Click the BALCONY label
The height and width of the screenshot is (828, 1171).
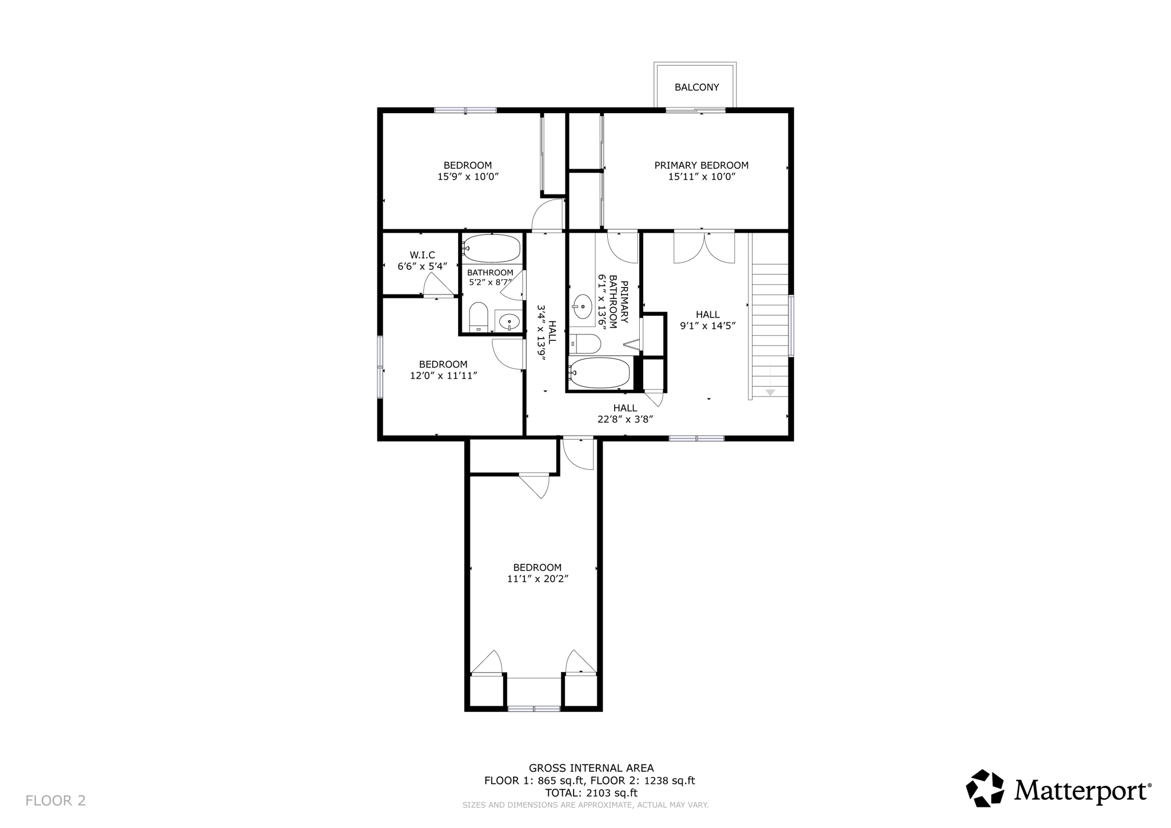(x=696, y=87)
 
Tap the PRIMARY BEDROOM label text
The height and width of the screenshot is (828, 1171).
(x=701, y=165)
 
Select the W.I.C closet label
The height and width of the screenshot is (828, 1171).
(x=422, y=255)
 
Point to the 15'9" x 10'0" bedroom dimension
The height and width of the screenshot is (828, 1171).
(x=468, y=177)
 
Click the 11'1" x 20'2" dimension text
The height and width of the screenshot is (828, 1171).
(x=537, y=579)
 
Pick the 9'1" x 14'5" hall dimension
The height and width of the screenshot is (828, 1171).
(x=707, y=326)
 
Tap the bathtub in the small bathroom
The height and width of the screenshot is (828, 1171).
(x=492, y=249)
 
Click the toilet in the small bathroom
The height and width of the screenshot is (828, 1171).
(x=478, y=317)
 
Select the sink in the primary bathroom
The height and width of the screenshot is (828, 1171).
(x=582, y=307)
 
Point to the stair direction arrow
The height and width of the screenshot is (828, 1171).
(x=770, y=391)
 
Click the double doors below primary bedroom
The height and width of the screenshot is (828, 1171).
(x=704, y=247)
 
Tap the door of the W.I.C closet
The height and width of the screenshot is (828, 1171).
(x=437, y=285)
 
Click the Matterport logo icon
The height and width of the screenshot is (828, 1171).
(x=985, y=789)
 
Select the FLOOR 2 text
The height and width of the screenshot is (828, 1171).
(x=55, y=801)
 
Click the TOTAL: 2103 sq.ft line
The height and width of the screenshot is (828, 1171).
(x=591, y=793)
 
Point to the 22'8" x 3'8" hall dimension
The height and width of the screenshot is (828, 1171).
(x=625, y=419)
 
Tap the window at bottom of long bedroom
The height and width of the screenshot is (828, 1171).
(x=533, y=708)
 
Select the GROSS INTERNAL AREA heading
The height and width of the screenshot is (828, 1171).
(x=591, y=768)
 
